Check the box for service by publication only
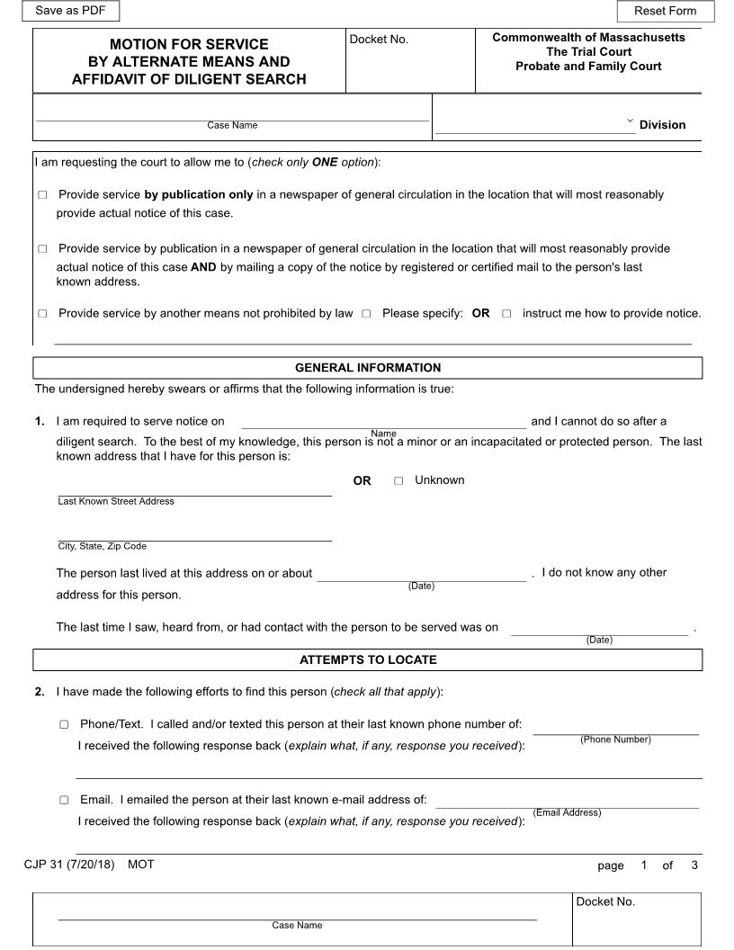click(42, 195)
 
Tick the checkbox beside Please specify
click(366, 314)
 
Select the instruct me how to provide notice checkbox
click(506, 314)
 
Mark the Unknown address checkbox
click(398, 481)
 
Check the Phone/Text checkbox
click(64, 724)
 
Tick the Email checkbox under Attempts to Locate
click(64, 800)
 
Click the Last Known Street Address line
click(194, 488)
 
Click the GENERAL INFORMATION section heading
click(368, 368)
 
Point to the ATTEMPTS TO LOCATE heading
click(368, 660)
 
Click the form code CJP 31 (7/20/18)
click(69, 865)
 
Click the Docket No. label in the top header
click(379, 40)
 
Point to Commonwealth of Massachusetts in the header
click(588, 38)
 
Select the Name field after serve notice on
click(383, 421)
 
